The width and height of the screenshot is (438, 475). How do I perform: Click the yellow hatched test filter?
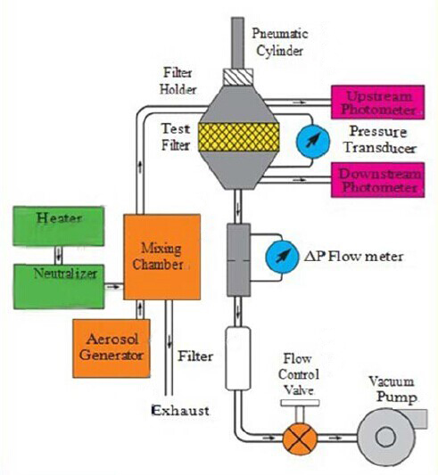point(238,138)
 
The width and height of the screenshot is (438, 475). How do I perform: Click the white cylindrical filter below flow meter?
point(238,356)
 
